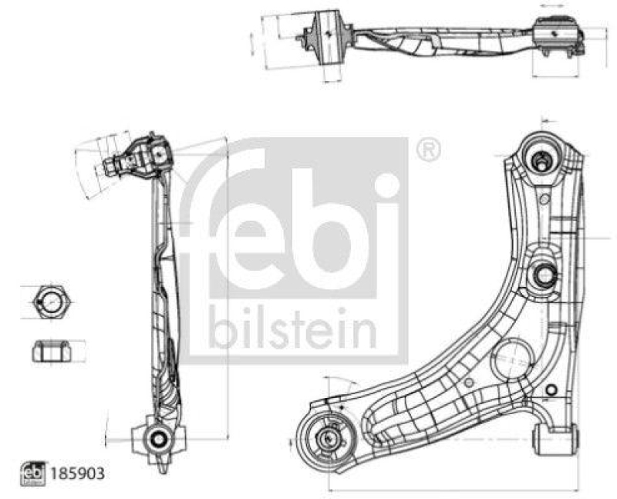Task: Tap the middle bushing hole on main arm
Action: tap(543, 275)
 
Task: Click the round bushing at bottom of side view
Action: tap(158, 438)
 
